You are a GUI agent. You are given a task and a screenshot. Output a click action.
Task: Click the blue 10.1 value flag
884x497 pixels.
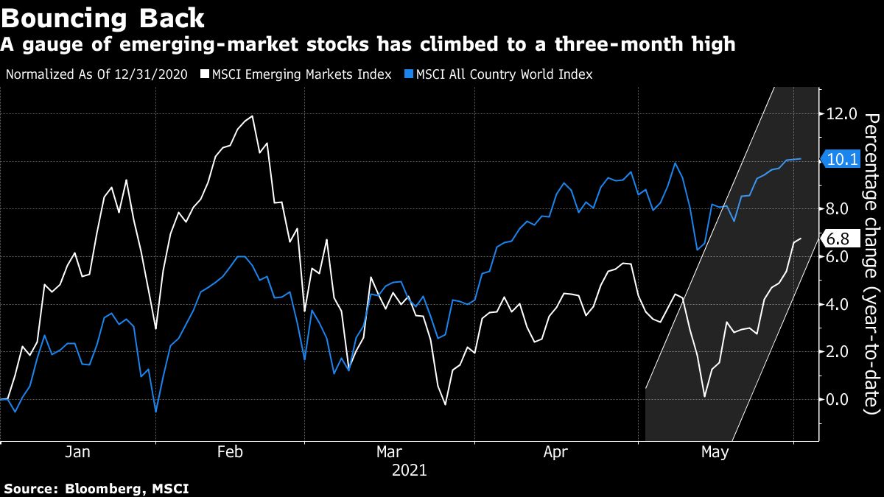tap(843, 159)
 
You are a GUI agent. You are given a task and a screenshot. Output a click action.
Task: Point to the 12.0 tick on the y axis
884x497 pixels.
tap(842, 114)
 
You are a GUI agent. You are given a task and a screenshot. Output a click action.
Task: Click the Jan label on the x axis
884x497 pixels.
tap(77, 452)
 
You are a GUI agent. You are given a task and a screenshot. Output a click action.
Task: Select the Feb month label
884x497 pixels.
tap(230, 452)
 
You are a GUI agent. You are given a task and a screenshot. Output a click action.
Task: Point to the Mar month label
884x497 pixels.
tap(390, 452)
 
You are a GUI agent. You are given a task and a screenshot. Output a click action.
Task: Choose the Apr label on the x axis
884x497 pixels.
tap(555, 452)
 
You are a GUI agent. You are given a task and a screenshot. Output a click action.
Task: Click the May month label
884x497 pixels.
tap(715, 452)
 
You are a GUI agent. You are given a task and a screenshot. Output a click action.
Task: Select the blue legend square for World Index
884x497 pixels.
tap(409, 74)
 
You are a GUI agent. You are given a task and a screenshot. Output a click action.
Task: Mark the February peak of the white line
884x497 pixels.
tap(253, 116)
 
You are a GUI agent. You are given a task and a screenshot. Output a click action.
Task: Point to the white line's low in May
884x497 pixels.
tap(704, 397)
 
